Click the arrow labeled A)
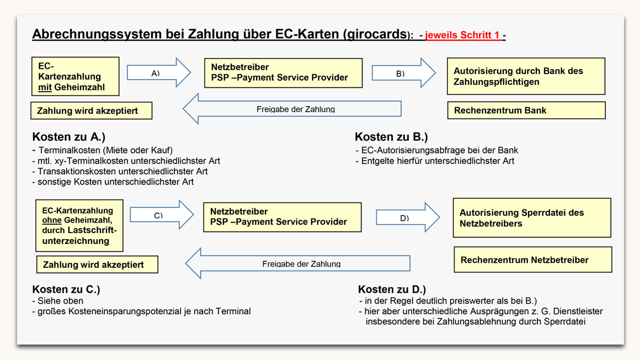[x=159, y=73]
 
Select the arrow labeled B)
[x=404, y=73]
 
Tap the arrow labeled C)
[x=162, y=215]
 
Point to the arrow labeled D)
[x=408, y=218]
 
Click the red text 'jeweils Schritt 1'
[x=462, y=35]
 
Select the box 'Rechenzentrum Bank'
[x=526, y=110]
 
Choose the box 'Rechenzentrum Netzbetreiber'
[x=532, y=260]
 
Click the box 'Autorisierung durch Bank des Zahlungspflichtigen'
[x=526, y=76]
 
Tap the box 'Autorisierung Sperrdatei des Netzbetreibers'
[x=532, y=218]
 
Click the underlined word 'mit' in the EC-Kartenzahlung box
[x=45, y=87]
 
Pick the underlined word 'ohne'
[x=52, y=220]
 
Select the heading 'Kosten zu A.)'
[x=68, y=136]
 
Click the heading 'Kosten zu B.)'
[x=391, y=136]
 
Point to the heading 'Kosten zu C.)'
[x=66, y=289]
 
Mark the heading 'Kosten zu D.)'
[x=392, y=289]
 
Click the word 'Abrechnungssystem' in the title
[x=97, y=34]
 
